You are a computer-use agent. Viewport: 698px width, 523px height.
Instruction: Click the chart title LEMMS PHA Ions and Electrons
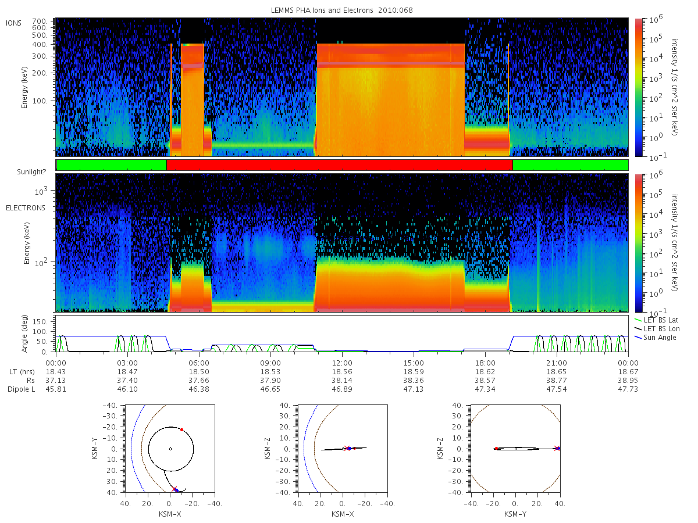(322, 10)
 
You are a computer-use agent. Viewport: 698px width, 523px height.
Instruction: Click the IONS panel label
(13, 23)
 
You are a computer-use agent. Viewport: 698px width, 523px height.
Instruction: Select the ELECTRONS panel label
(26, 208)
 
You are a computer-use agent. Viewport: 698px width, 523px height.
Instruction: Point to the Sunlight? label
(31, 172)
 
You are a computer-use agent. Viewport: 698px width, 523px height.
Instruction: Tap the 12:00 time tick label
(342, 363)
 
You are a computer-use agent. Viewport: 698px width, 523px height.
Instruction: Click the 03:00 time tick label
(127, 363)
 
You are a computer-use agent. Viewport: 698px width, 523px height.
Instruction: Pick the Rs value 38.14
(342, 381)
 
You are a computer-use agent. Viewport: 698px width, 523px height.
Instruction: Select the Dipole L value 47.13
(414, 389)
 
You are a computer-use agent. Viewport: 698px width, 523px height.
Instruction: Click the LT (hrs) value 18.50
(199, 372)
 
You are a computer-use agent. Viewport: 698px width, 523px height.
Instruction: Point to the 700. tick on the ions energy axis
(40, 22)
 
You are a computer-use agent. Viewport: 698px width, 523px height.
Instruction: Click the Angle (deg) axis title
(24, 334)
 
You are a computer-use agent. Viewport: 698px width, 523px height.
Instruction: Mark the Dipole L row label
(22, 389)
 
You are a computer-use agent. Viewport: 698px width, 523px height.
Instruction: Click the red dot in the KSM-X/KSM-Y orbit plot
(181, 429)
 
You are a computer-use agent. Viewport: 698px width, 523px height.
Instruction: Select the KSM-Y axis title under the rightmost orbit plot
(515, 514)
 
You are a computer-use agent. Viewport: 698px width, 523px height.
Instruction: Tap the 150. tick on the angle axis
(40, 322)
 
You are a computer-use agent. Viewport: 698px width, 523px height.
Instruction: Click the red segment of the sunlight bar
(339, 165)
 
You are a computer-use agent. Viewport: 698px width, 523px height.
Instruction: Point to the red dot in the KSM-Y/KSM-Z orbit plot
(496, 449)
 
